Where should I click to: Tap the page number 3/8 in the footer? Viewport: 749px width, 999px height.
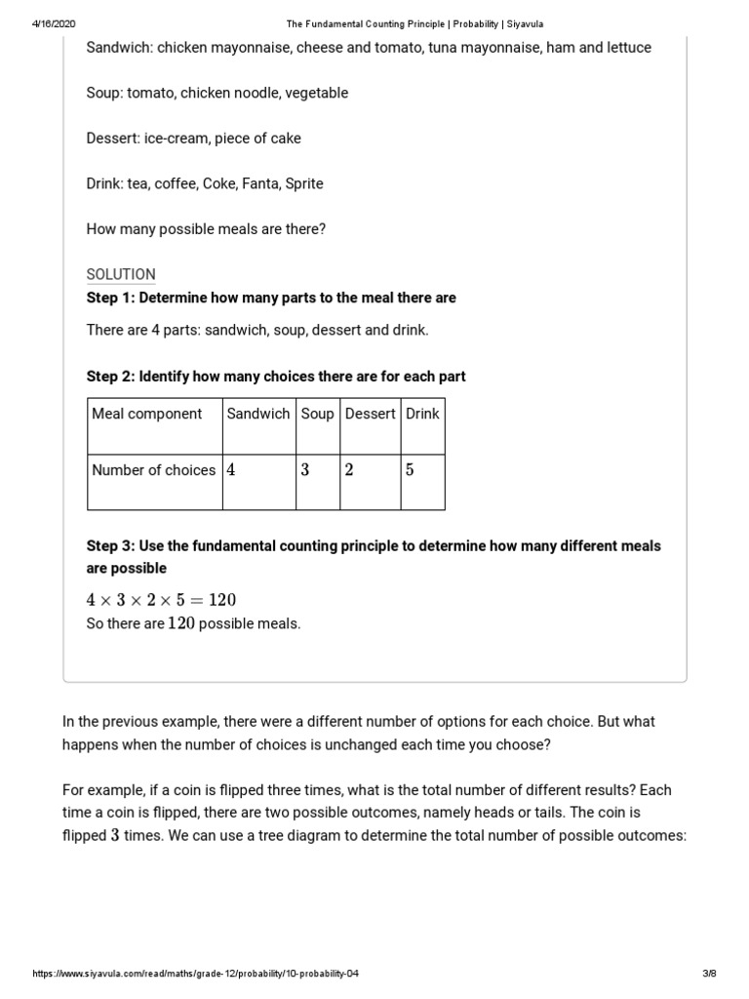[709, 974]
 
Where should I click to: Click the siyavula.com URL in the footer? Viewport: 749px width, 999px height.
[202, 974]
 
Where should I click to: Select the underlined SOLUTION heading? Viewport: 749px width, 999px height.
[121, 275]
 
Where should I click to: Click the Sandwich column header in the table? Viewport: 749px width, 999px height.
[258, 414]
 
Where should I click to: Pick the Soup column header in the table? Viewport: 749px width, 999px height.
[317, 414]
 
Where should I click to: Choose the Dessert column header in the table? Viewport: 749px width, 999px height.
[370, 414]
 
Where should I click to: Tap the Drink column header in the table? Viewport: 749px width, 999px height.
[422, 414]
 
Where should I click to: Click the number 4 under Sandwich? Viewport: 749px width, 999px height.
[231, 470]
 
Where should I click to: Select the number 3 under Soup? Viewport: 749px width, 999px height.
[305, 470]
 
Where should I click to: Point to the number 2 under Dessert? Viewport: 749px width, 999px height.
[349, 470]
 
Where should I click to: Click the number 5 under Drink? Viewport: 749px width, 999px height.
[410, 470]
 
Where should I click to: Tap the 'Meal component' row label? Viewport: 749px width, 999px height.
[147, 414]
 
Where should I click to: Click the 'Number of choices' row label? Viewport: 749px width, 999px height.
[153, 470]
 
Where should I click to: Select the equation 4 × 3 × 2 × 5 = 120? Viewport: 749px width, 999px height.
[162, 600]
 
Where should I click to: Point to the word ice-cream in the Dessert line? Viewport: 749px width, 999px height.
[177, 139]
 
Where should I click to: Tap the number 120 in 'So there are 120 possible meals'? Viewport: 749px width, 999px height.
[181, 623]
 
